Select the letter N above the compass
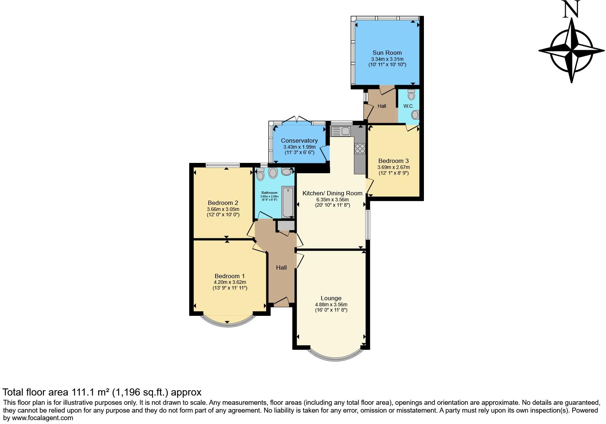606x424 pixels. coord(572,9)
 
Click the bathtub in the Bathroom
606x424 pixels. coord(287,202)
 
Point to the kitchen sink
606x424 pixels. coord(341,131)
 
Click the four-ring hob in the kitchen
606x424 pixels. coord(360,148)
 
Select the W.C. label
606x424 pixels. coord(408,106)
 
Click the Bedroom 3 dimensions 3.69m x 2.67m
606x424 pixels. coord(393,167)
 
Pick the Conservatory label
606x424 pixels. coord(299,141)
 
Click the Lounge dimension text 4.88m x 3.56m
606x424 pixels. coord(331,304)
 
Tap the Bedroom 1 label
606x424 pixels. coord(229,276)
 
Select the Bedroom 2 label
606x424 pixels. coord(223,203)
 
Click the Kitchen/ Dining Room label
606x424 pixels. coord(332,193)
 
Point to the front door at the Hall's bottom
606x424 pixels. coord(281,302)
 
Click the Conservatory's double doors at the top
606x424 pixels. coord(297,119)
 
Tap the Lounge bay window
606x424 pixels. coord(331,357)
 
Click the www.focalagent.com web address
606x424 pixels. coord(43,418)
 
